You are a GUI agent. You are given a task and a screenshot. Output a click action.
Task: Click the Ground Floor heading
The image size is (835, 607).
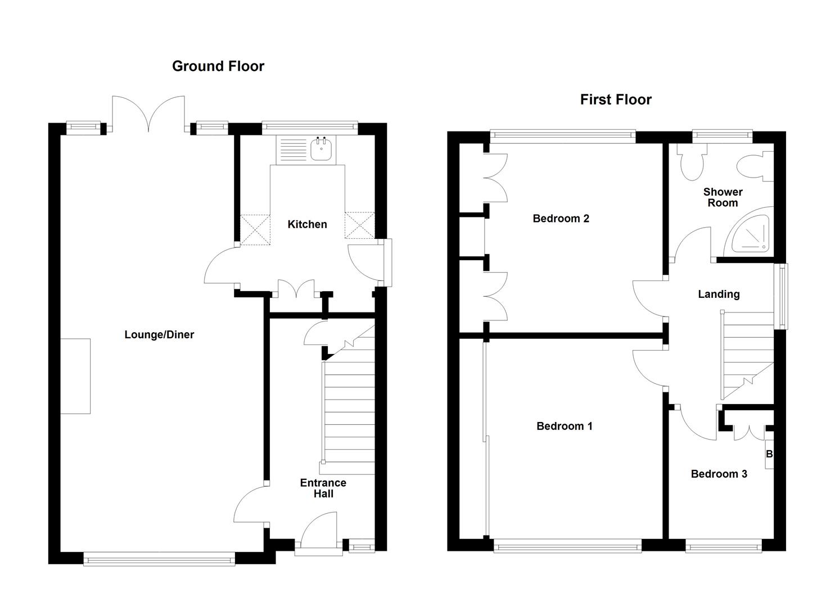pyautogui.click(x=218, y=66)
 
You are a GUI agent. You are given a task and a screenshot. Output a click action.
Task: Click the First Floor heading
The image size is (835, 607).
pyautogui.click(x=616, y=99)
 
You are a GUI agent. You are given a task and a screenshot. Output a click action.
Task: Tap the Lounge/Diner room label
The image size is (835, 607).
pyautogui.click(x=159, y=334)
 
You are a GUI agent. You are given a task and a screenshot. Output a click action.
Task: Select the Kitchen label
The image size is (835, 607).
pyautogui.click(x=307, y=224)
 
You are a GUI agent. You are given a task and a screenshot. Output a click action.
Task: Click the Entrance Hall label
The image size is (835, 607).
pyautogui.click(x=323, y=488)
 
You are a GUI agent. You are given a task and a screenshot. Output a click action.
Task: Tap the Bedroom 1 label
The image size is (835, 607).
pyautogui.click(x=564, y=426)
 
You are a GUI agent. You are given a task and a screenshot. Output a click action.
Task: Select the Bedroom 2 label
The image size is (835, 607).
pyautogui.click(x=561, y=218)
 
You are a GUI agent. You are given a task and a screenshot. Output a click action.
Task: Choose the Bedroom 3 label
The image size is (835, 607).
pyautogui.click(x=719, y=474)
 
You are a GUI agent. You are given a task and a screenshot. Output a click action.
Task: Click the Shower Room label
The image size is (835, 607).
pyautogui.click(x=723, y=197)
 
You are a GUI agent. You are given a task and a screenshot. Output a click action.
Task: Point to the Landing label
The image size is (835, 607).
pyautogui.click(x=718, y=294)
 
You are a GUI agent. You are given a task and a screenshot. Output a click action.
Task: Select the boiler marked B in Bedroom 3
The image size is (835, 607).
pyautogui.click(x=769, y=454)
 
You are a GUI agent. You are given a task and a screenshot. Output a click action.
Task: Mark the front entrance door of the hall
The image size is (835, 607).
pyautogui.click(x=318, y=531)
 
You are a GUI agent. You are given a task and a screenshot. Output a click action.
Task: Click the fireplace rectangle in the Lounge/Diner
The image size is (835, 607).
pyautogui.click(x=75, y=376)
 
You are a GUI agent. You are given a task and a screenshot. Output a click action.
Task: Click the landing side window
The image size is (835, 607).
pyautogui.click(x=781, y=296)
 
